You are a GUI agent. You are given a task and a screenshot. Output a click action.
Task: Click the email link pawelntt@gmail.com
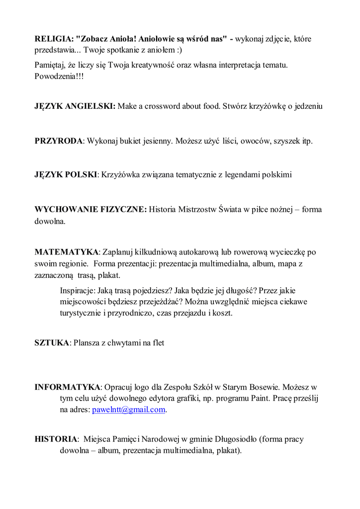pos(128,410)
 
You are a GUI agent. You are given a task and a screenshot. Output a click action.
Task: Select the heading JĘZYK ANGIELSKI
pos(75,106)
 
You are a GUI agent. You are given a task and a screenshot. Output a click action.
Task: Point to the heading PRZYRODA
pos(58,141)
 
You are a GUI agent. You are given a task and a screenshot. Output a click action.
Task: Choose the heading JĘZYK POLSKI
pos(66,175)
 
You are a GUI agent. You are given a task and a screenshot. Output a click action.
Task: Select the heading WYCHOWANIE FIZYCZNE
pos(90,210)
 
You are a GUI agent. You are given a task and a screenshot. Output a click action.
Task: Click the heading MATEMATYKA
pos(67,252)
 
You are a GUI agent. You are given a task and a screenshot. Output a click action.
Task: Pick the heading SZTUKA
pos(52,343)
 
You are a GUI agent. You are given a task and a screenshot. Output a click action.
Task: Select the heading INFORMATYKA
pos(68,387)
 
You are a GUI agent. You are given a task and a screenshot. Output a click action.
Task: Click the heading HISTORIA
pos(56,439)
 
